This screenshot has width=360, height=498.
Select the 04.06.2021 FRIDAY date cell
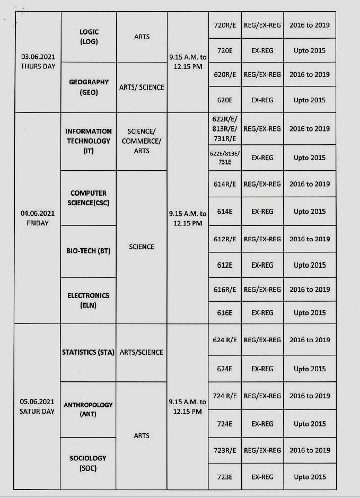pos(38,218)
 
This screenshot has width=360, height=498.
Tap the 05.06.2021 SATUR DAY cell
pos(38,406)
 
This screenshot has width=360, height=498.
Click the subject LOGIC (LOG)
pos(89,37)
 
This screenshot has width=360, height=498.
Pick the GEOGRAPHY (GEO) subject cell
pos(89,87)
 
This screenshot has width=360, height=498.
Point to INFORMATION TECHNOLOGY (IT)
pos(89,141)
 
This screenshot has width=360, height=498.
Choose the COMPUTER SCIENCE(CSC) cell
pos(89,198)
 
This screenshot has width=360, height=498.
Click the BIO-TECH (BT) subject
pos(89,251)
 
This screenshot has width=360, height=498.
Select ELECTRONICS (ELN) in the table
pos(89,300)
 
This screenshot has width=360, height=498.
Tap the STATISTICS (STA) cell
pos(89,352)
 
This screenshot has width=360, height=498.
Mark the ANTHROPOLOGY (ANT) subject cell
pos(89,409)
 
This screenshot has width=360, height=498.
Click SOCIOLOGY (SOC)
pos(89,463)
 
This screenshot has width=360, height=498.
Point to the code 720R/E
pos(225,25)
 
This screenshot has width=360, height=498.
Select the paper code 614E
pos(225,211)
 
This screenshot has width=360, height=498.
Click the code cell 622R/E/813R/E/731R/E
pos(225,129)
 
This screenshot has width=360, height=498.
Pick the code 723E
pos(225,477)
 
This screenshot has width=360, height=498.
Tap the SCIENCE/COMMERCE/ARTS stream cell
pos(142,141)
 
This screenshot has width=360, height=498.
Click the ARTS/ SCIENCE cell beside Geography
pos(142,87)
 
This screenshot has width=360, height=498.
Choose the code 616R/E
pos(225,290)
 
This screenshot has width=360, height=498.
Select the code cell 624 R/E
pos(225,340)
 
